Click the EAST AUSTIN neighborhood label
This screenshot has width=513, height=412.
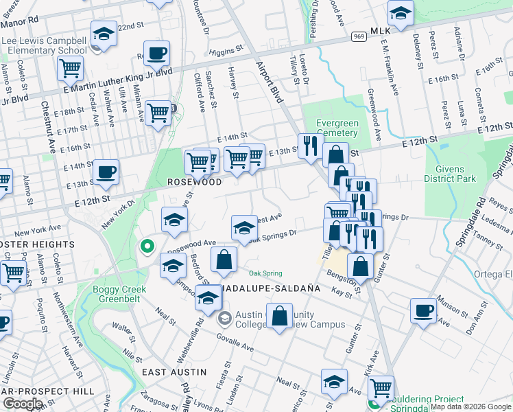[174, 371]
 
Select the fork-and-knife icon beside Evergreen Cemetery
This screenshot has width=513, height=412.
[310, 146]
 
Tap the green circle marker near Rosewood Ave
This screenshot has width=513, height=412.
[146, 246]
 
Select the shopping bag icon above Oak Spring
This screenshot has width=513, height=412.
[224, 260]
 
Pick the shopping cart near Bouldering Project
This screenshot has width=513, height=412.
[380, 388]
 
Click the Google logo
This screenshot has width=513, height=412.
[23, 404]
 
